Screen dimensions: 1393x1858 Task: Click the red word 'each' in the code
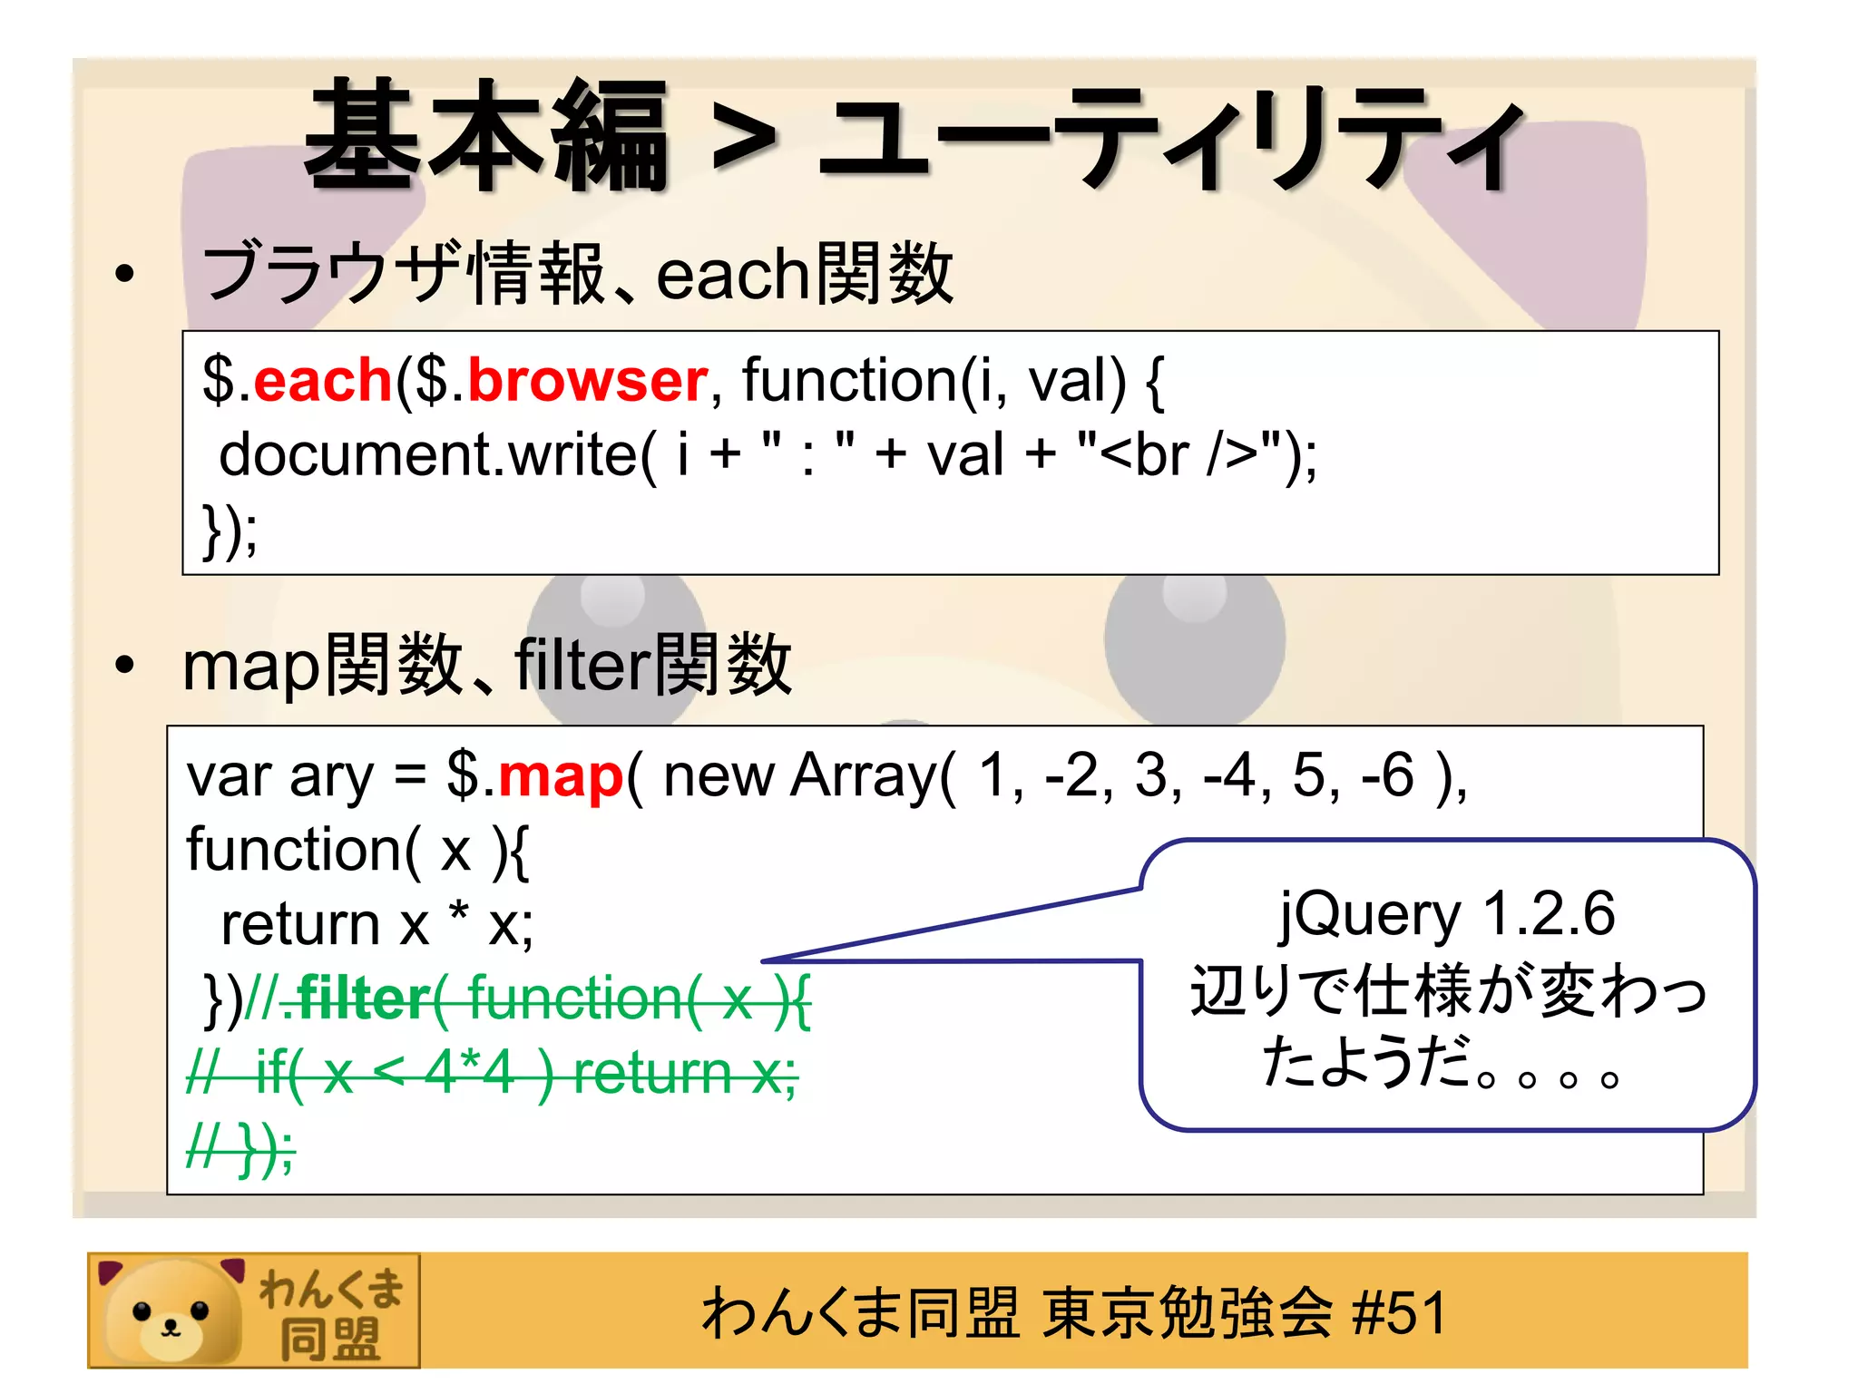coord(322,380)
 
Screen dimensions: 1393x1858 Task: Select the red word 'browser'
coord(587,380)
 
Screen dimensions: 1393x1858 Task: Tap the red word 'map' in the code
coord(561,777)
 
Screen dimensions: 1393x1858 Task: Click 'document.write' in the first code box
coord(428,454)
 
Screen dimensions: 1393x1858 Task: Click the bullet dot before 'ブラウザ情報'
coord(125,273)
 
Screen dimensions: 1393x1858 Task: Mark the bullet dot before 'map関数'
coord(125,666)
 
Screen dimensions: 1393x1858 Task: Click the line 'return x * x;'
coord(376,925)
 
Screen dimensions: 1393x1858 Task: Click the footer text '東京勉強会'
coord(1187,1312)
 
